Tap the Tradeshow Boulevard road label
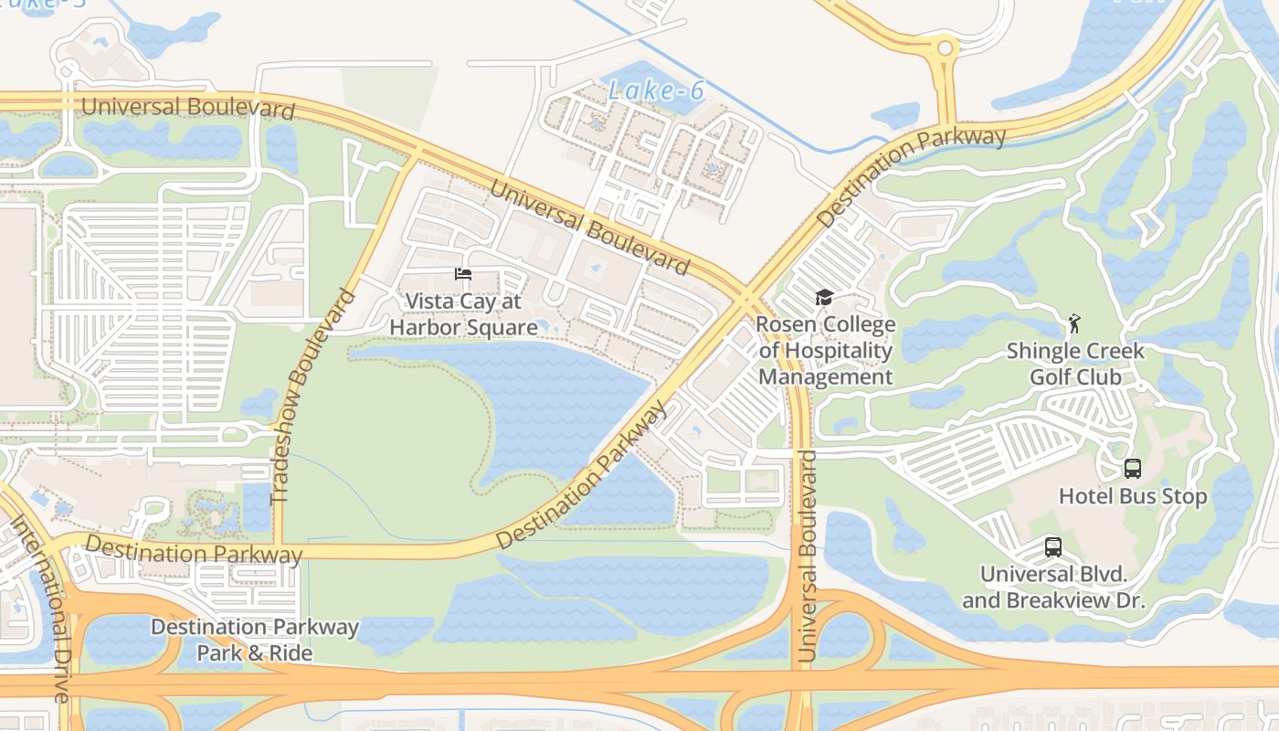point(312,397)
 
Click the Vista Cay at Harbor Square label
point(463,314)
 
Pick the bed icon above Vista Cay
point(463,274)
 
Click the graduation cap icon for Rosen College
point(824,298)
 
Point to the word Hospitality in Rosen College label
point(825,351)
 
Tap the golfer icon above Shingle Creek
point(1075,323)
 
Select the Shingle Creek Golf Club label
point(1075,364)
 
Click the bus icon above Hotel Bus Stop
point(1133,469)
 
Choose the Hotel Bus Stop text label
point(1133,496)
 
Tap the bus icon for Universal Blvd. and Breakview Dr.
point(1053,547)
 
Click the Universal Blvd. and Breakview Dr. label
point(1053,588)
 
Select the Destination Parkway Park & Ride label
point(255,640)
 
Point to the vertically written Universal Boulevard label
point(806,556)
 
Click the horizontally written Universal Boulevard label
point(188,107)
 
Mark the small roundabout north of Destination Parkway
point(945,48)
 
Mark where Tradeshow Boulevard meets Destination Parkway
point(279,550)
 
